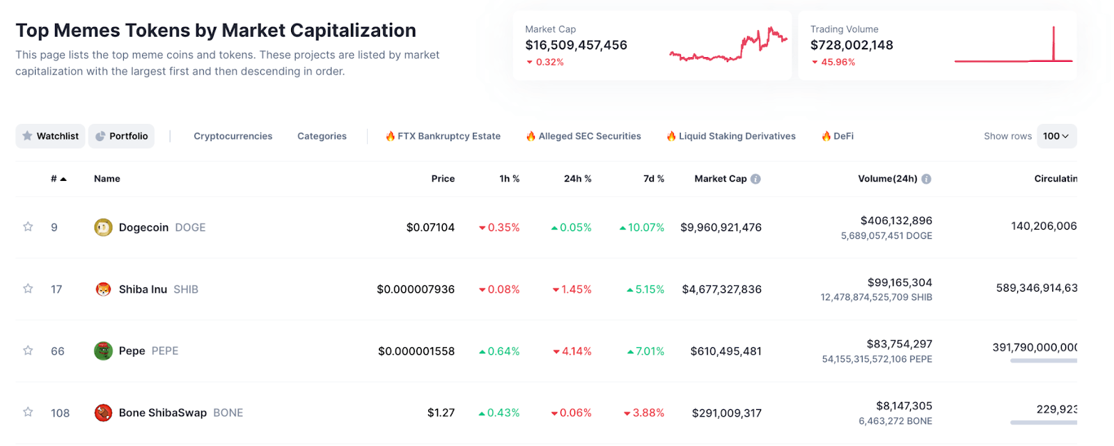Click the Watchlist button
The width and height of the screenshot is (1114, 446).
[x=50, y=136]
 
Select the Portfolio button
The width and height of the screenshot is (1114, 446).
[x=122, y=136]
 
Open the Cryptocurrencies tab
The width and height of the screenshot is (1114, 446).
[x=233, y=136]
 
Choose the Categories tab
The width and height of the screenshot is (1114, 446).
[x=322, y=136]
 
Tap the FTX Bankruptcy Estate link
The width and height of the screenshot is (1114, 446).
[x=443, y=136]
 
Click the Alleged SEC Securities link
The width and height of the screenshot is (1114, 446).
[x=583, y=136]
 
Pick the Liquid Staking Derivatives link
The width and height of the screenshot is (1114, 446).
[x=731, y=136]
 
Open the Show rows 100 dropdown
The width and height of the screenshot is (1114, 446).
[x=1056, y=136]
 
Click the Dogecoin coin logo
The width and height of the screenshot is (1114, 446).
[x=103, y=228]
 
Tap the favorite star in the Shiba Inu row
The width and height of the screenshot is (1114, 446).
[x=28, y=289]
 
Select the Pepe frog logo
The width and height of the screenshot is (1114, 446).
[x=103, y=351]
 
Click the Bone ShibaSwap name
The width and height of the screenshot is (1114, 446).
[x=162, y=413]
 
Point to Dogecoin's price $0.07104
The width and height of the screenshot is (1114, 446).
[x=430, y=228]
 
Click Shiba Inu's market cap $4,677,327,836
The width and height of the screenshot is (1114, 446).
[x=721, y=289]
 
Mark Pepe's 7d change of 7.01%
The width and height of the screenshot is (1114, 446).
[x=646, y=351]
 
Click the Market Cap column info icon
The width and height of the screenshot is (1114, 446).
[x=755, y=179]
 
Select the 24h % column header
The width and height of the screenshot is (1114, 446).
[x=577, y=179]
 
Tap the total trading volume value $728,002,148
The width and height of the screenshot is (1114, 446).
[x=852, y=45]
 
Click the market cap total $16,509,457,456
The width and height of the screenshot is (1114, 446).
[x=576, y=45]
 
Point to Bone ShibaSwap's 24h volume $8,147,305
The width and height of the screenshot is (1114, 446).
[x=904, y=406]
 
